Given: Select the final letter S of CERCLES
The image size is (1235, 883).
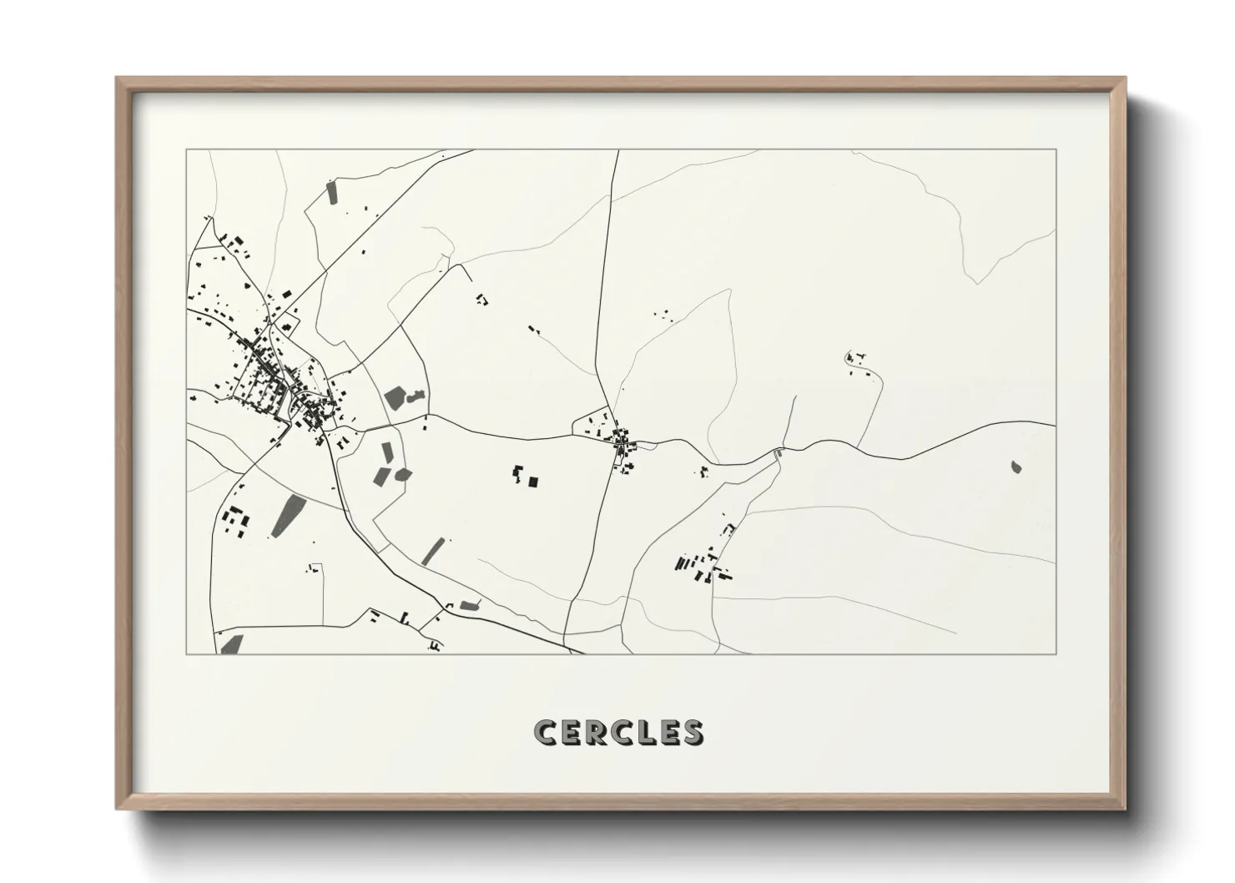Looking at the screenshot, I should pyautogui.click(x=692, y=732).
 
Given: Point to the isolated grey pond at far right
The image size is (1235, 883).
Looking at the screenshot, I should pyautogui.click(x=1016, y=467).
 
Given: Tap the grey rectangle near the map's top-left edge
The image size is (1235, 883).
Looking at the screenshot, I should pyautogui.click(x=331, y=192).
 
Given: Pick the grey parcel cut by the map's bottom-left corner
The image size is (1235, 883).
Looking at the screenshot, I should pyautogui.click(x=231, y=644).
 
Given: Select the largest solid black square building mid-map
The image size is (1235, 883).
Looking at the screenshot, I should pyautogui.click(x=533, y=481).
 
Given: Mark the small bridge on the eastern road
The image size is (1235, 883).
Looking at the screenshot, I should pyautogui.click(x=779, y=452).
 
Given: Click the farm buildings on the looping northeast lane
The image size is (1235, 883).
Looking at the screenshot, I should pyautogui.click(x=854, y=359).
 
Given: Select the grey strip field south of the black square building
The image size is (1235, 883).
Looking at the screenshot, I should pyautogui.click(x=433, y=551).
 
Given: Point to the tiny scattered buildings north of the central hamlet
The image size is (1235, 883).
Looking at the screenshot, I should pyautogui.click(x=665, y=315).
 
